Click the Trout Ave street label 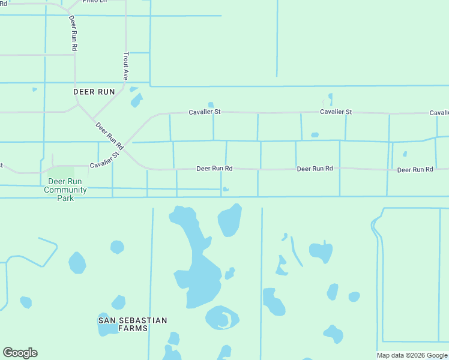coord(126,66)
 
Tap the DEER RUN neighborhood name coord(94,92)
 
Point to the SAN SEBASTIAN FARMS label coord(133,324)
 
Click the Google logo coord(20,353)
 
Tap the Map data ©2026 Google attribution coord(412,355)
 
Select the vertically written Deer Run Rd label coord(73,33)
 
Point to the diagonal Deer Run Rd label coord(110,136)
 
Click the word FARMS coord(133,328)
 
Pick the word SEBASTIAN coord(143,320)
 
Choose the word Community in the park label coord(65,190)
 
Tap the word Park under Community coord(65,198)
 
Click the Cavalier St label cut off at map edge coord(439,113)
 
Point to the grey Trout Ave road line coord(125,36)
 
